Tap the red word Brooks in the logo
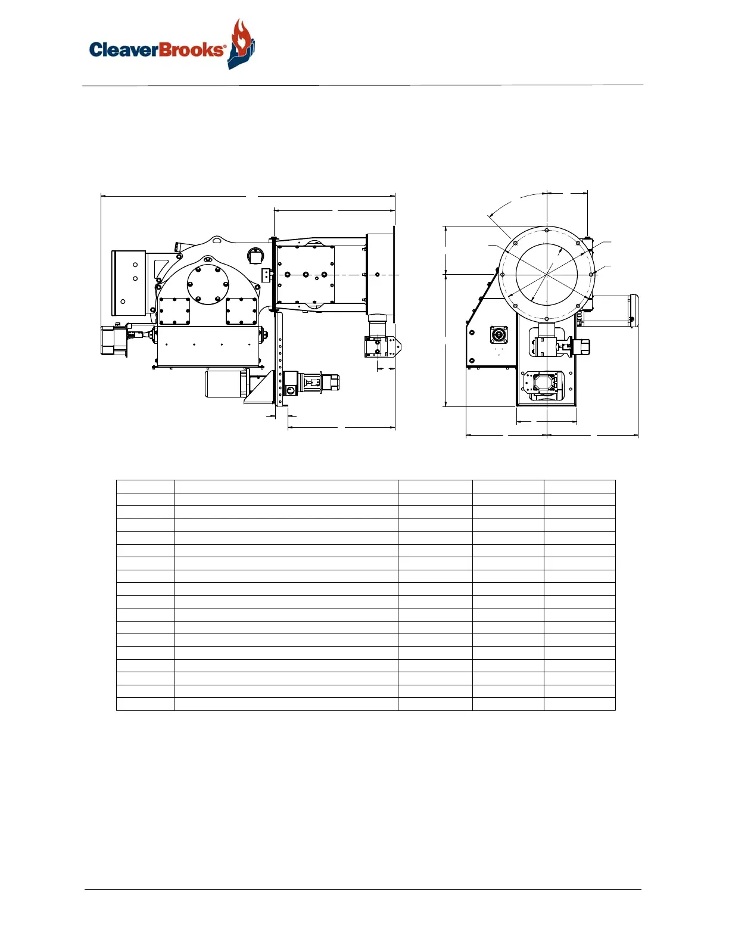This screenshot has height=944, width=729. pyautogui.click(x=191, y=49)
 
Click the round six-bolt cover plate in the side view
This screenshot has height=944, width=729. pyautogui.click(x=208, y=284)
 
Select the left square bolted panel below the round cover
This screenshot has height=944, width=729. pyautogui.click(x=175, y=311)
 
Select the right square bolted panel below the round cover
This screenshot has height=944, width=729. pyautogui.click(x=241, y=311)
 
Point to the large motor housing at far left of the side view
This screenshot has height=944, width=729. pyautogui.click(x=129, y=283)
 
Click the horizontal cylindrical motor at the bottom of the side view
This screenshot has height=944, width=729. pyautogui.click(x=226, y=383)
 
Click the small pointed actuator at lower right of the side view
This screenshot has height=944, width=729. pyautogui.click(x=383, y=346)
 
